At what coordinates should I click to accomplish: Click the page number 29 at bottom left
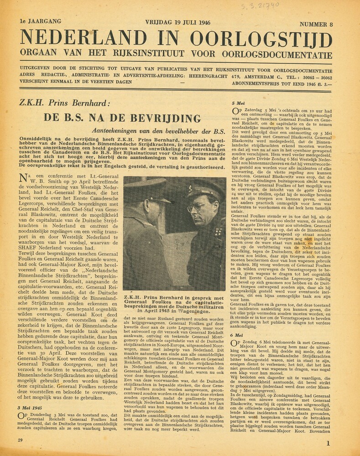click(x=21, y=440)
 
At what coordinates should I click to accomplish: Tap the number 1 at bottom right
click(x=328, y=442)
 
